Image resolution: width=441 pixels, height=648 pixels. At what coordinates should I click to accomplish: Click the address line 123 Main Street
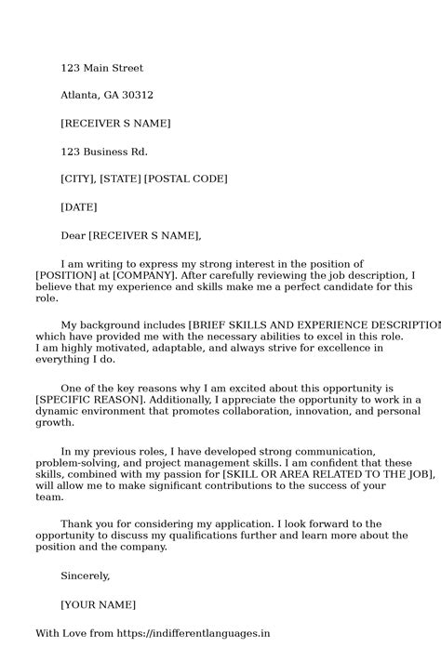(x=101, y=68)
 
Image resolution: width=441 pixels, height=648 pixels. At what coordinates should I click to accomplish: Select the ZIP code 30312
(x=137, y=95)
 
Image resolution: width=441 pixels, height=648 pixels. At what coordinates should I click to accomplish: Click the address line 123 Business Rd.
(x=103, y=152)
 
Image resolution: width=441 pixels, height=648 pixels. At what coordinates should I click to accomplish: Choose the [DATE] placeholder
(x=78, y=206)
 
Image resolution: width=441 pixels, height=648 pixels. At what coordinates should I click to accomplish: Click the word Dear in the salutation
(x=73, y=235)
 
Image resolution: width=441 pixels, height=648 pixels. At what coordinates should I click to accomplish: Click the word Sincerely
(x=85, y=575)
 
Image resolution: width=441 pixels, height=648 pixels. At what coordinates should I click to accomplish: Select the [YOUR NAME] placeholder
(x=98, y=604)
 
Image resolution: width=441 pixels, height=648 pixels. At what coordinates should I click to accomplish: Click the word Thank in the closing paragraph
(x=77, y=524)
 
